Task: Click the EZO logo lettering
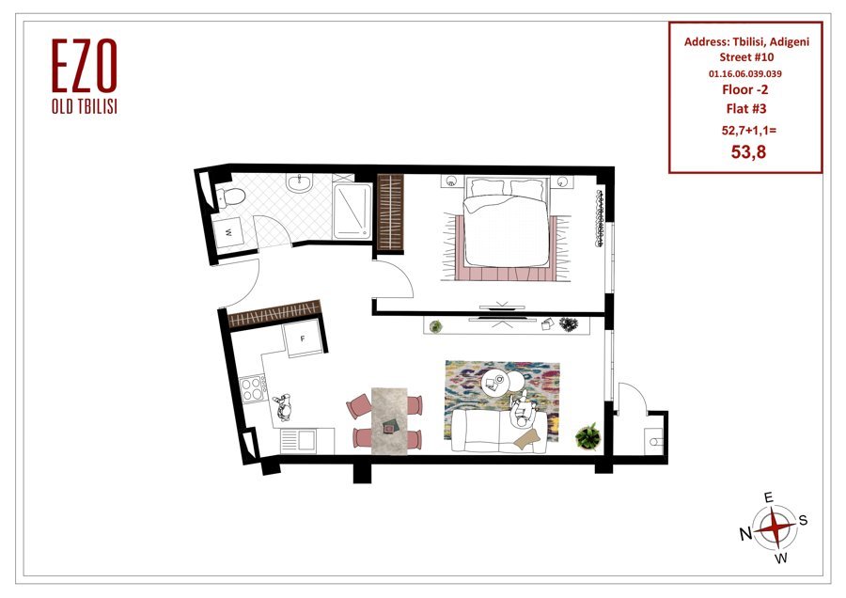click(x=85, y=66)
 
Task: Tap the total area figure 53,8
click(x=748, y=152)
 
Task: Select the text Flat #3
click(x=745, y=108)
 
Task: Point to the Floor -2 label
click(x=745, y=89)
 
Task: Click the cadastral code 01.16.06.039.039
click(x=745, y=73)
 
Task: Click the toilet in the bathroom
click(x=230, y=196)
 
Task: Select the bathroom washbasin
click(x=300, y=183)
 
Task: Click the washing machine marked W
click(x=228, y=232)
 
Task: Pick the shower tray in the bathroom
click(x=352, y=211)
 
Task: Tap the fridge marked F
click(x=304, y=338)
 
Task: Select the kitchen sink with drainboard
click(x=306, y=441)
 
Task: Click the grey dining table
click(x=388, y=420)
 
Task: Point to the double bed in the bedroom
click(x=506, y=222)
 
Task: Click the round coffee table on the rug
click(x=495, y=382)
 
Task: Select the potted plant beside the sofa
click(x=587, y=436)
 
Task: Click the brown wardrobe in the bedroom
click(x=390, y=212)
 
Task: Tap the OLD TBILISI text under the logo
click(x=85, y=106)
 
